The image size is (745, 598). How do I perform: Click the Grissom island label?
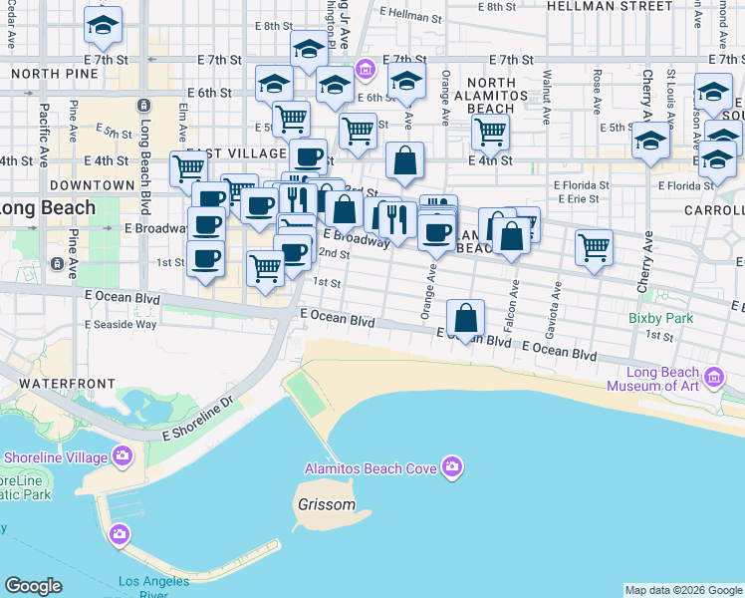point(326,504)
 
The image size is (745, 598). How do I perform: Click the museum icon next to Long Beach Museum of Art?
point(713,378)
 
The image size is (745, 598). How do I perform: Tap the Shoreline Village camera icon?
point(123,456)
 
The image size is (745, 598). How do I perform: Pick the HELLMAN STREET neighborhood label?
point(610,6)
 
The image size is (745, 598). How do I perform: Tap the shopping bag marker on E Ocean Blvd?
point(466,319)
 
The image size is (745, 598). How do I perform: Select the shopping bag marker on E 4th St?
point(405,161)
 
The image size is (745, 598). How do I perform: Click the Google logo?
point(33,586)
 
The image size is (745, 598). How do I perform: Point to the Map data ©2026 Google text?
point(683,590)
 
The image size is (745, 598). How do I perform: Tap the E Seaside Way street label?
point(121,324)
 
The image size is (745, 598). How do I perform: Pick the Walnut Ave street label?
point(546,84)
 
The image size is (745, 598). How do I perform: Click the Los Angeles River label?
point(153,588)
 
